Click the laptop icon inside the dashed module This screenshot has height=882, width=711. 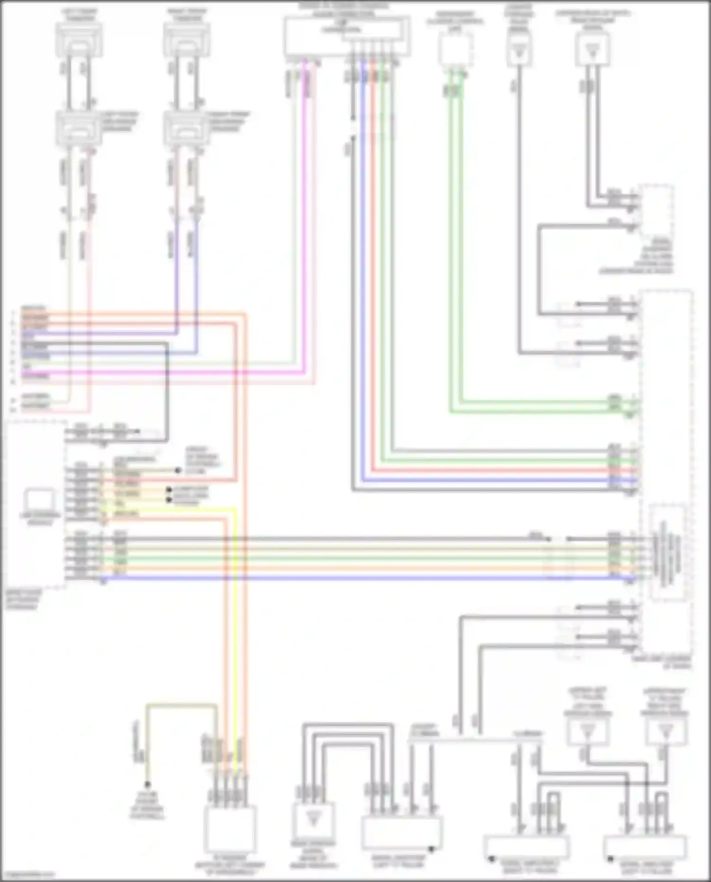(40, 500)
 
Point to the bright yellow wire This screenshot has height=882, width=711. (234, 616)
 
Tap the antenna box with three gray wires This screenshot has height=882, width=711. (313, 820)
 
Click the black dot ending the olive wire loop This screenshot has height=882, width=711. (147, 784)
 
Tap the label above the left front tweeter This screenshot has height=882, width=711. (79, 14)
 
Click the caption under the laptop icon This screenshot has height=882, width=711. (40, 518)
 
